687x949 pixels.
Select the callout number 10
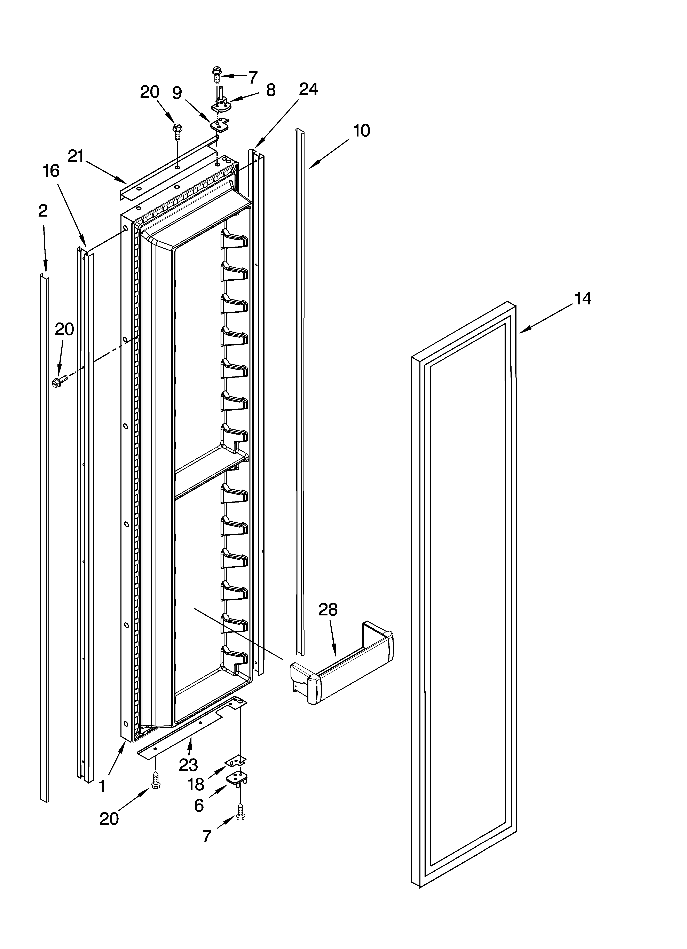[362, 131]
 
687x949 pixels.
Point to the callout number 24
[308, 89]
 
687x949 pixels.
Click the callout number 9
[177, 93]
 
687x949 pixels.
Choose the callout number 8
[271, 90]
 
